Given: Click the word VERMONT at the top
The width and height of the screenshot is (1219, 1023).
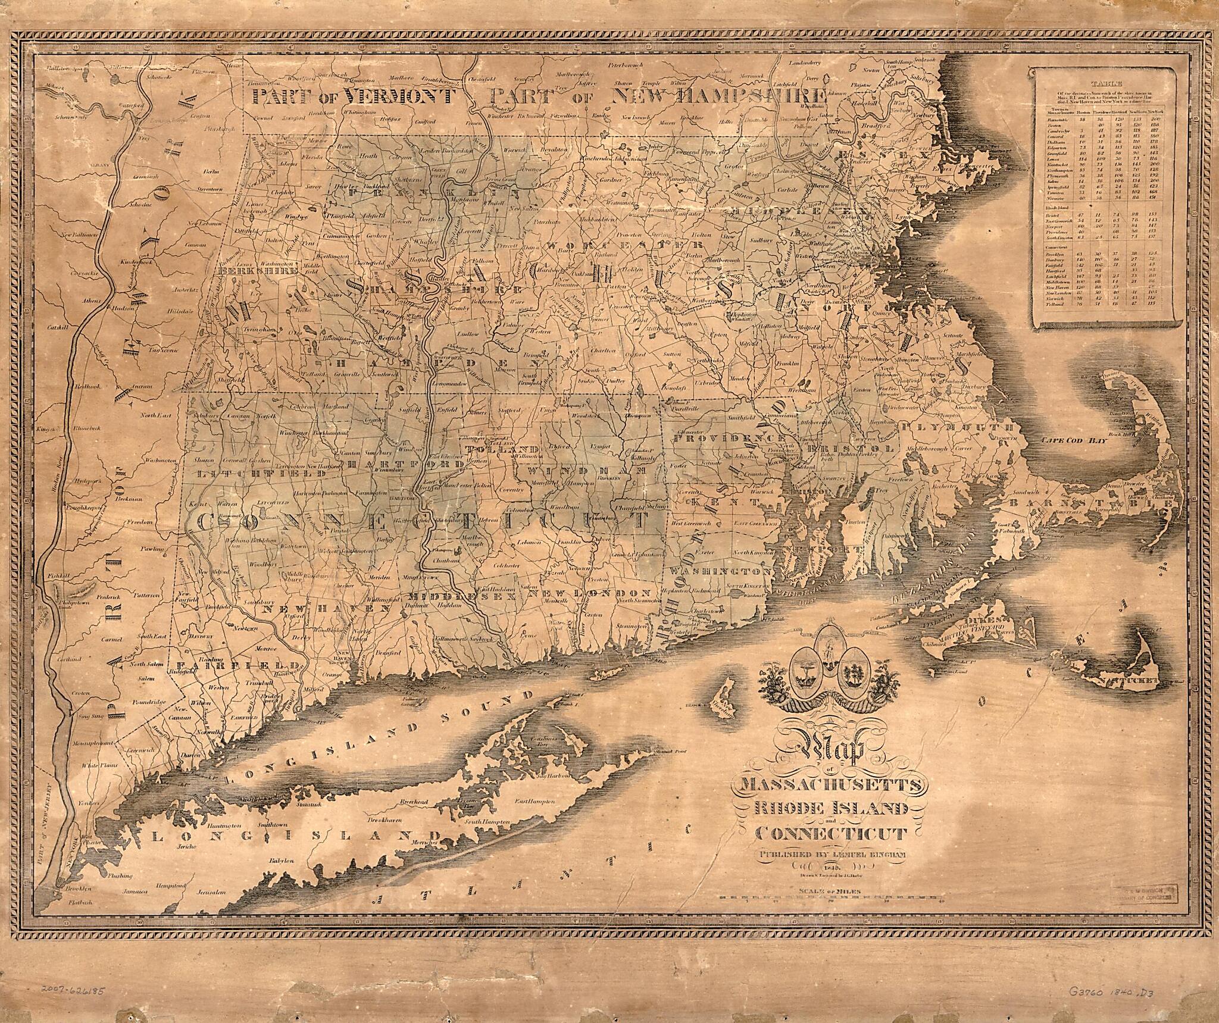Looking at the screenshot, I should tap(399, 96).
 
